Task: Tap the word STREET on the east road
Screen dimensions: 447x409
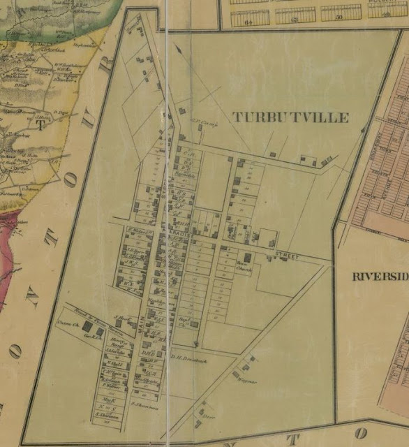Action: coord(288,257)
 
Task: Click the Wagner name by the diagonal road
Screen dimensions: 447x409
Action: coord(251,382)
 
